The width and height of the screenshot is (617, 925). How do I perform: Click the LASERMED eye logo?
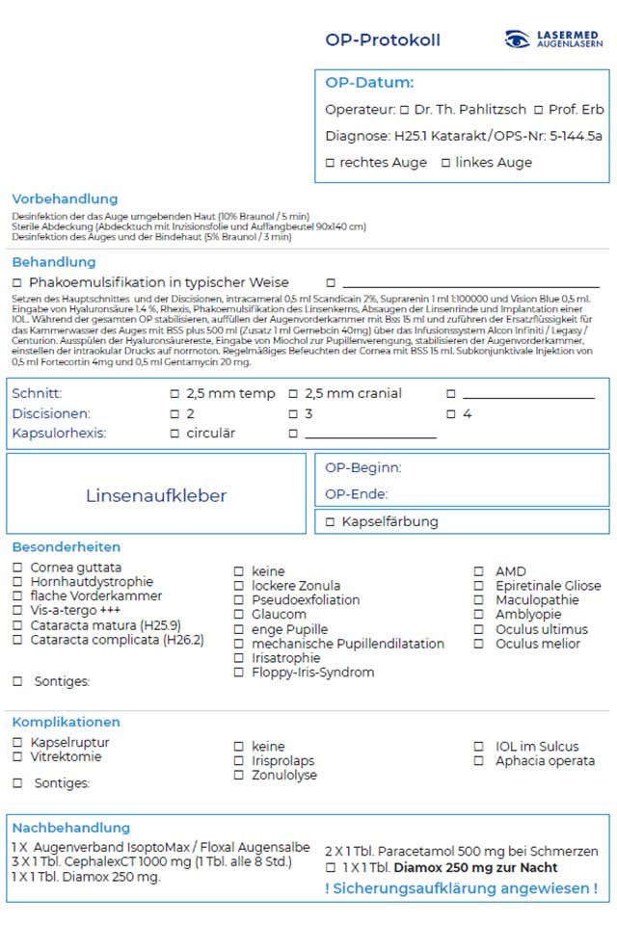(x=518, y=40)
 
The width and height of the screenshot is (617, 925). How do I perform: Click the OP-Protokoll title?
(x=383, y=40)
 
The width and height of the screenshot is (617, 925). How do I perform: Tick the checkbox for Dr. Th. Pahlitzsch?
(x=405, y=110)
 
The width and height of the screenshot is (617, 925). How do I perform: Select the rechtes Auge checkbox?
(x=330, y=163)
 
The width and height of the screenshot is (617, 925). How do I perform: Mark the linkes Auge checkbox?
(x=445, y=163)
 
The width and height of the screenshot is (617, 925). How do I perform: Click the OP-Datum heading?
(x=369, y=83)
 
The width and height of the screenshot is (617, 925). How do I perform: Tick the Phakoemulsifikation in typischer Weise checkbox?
(x=17, y=283)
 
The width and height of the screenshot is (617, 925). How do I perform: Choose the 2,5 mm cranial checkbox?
(x=294, y=394)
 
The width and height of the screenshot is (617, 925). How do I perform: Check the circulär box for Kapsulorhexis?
(x=174, y=434)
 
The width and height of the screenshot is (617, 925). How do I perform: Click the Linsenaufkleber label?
(x=156, y=496)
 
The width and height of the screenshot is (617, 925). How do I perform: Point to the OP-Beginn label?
(x=363, y=468)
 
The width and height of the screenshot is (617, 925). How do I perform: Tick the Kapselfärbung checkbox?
(x=330, y=522)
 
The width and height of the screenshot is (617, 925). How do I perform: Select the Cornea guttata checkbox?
(x=17, y=568)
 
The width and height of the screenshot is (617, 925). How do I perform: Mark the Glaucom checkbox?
(x=238, y=615)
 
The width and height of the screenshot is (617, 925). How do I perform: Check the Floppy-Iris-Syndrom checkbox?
(x=238, y=673)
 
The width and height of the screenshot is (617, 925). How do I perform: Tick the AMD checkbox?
(x=478, y=571)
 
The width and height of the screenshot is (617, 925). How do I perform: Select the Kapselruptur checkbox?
(x=17, y=743)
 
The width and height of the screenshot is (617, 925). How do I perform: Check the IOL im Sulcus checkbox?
(x=478, y=747)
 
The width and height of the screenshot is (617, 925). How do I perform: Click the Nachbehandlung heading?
(x=70, y=828)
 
